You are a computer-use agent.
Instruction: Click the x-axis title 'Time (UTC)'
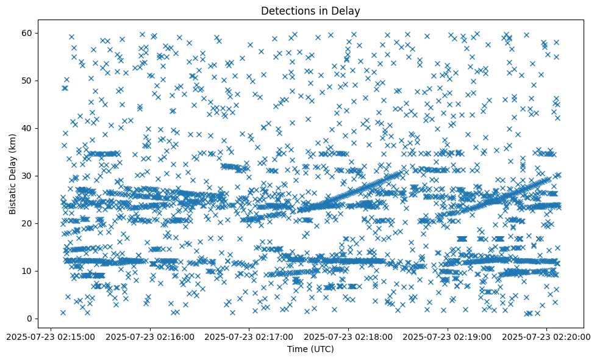point(310,350)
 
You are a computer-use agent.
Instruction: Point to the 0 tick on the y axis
point(29,319)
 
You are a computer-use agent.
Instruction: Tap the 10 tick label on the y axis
point(27,271)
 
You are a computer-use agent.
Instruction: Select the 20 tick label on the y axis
point(27,223)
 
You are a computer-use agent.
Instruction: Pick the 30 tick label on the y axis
point(27,176)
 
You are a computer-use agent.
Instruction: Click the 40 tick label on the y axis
point(27,128)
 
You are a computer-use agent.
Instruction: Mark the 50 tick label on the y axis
point(27,81)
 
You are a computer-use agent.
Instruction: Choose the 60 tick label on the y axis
point(27,33)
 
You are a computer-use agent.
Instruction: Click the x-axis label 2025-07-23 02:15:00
point(51,336)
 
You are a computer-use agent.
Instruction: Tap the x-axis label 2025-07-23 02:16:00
point(150,336)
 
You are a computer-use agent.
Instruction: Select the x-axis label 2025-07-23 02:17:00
point(249,336)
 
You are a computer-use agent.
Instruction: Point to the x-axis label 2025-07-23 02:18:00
point(349,336)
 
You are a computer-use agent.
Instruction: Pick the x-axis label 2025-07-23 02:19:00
point(448,336)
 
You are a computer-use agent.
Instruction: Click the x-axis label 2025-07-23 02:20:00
point(547,336)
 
